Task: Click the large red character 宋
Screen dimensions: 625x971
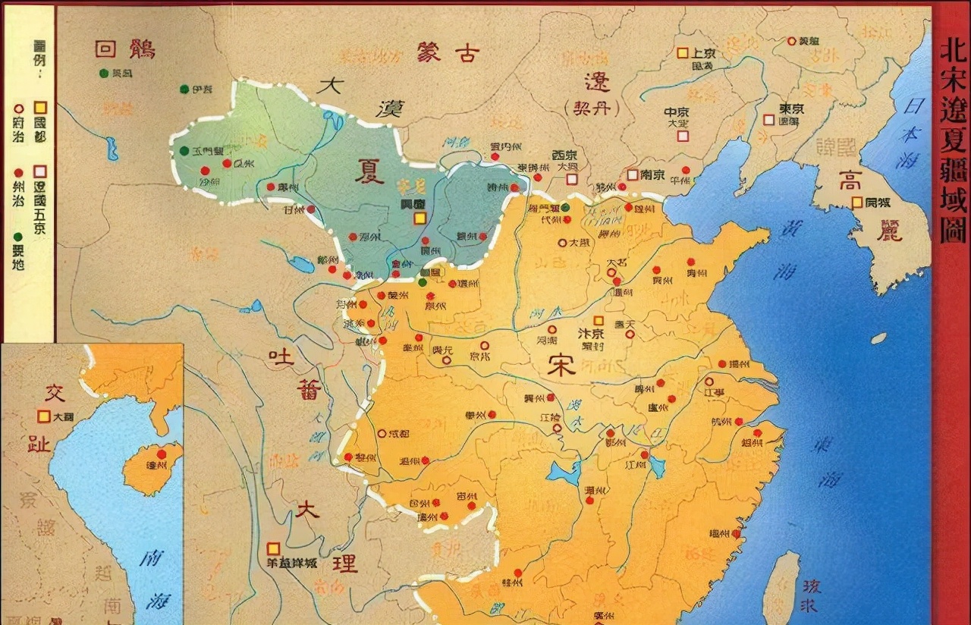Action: click(561, 366)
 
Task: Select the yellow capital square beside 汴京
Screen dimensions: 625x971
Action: click(599, 321)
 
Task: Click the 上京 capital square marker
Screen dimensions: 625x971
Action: click(682, 52)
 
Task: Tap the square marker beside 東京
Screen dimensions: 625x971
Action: click(769, 120)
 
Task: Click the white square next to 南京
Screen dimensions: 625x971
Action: click(632, 174)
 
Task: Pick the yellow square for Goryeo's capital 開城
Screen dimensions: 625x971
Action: click(856, 202)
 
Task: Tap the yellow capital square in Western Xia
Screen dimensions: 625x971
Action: click(420, 218)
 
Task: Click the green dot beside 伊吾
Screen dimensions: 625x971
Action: click(184, 90)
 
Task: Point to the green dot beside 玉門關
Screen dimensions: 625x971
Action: click(184, 150)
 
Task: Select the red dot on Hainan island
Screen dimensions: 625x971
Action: click(162, 454)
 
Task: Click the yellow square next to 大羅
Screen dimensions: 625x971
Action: click(44, 416)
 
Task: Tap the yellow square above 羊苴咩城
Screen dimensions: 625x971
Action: click(273, 548)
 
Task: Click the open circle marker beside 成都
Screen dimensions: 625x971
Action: click(382, 433)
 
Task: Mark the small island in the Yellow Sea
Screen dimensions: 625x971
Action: click(878, 338)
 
